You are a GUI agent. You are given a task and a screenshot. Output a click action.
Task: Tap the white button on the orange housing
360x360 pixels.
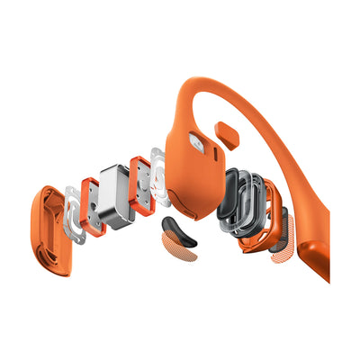[x=195, y=140]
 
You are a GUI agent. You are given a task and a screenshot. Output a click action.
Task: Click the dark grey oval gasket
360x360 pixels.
[x=231, y=199]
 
